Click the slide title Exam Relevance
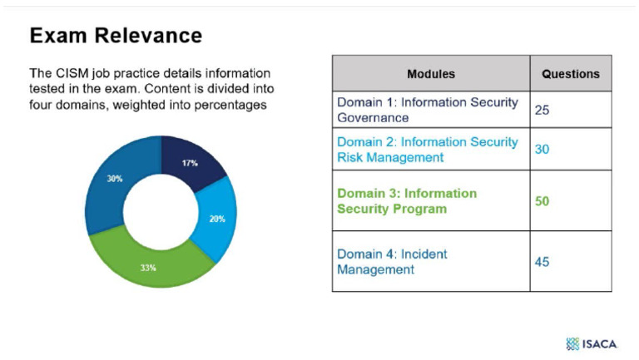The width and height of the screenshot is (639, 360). (x=116, y=35)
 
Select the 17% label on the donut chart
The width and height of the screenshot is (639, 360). (x=190, y=163)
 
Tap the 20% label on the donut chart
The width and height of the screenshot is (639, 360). (x=215, y=219)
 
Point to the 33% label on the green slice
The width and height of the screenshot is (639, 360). (x=148, y=269)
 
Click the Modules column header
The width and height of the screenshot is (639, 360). (x=430, y=73)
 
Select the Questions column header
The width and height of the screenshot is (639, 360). (x=570, y=73)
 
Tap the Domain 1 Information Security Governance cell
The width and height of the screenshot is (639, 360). (x=427, y=110)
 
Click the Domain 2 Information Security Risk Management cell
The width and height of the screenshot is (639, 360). (x=427, y=150)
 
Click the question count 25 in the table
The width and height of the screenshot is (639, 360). (x=542, y=110)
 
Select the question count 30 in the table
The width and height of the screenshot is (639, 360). (x=542, y=150)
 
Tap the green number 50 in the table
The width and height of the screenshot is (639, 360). (x=542, y=201)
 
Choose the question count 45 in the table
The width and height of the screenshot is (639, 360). (x=542, y=261)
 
